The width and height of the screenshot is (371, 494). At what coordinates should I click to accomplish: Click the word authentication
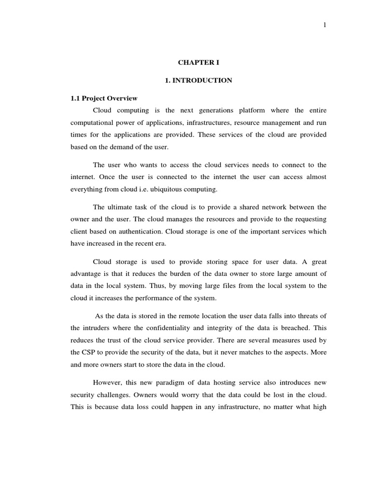(x=154, y=232)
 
